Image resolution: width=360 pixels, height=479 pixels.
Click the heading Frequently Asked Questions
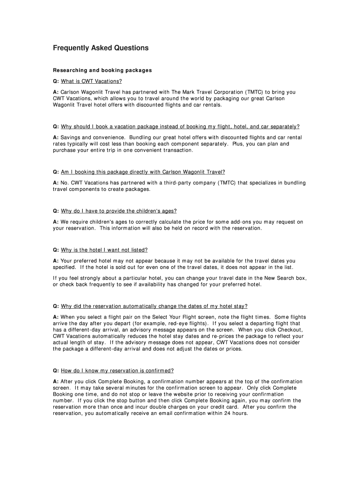point(101,48)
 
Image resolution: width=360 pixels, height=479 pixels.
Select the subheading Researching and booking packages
point(102,71)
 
